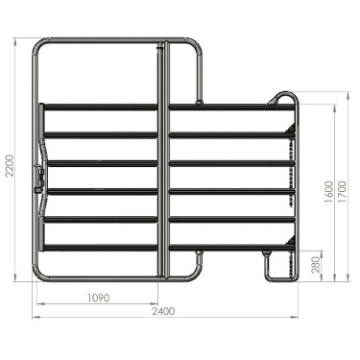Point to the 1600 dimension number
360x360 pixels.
coord(329,191)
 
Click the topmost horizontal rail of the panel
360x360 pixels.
coord(163,107)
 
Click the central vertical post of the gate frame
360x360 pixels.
coord(164,163)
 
